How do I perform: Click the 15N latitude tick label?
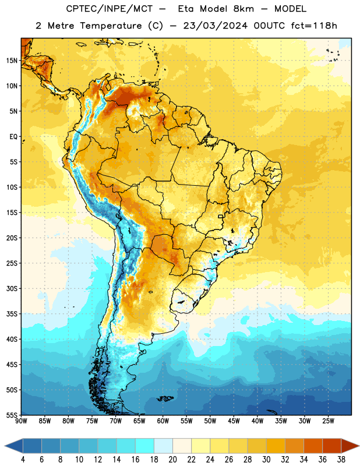12,61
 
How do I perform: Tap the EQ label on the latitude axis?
13,137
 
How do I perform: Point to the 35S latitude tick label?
12,314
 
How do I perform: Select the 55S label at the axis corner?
12,415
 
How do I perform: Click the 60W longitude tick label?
163,421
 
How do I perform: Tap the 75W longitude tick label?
92,421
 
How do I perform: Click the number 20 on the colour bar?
172,460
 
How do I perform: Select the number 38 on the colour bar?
341,460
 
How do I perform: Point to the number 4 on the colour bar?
23,460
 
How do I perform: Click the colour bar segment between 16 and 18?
145,446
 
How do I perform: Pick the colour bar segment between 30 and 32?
276,446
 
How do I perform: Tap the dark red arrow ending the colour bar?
350,446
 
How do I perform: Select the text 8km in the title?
243,9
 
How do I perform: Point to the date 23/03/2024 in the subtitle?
215,26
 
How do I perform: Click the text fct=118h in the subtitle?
314,26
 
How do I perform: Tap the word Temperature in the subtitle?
111,26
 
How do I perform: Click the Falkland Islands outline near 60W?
165,398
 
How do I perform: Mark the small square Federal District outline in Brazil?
221,216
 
